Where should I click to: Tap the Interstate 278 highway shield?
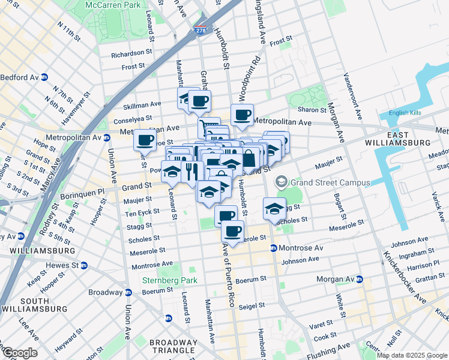200,29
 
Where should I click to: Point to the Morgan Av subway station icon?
359,280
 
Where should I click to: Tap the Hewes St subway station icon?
83,265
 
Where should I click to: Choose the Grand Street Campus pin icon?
280,181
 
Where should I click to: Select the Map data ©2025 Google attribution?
412,355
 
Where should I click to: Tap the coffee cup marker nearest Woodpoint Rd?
243,115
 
